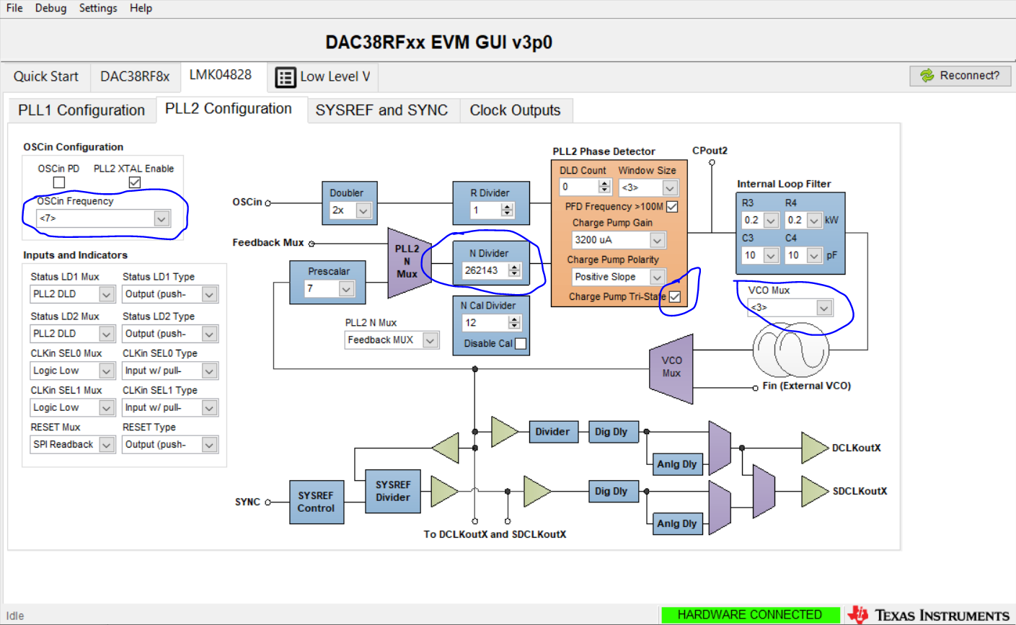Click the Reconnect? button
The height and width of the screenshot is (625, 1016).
coord(960,76)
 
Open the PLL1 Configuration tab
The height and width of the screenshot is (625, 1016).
coord(81,110)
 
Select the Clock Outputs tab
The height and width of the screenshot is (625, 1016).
coord(515,110)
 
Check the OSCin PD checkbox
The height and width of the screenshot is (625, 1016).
coord(59,182)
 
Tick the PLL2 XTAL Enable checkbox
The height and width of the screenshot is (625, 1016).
coord(134,182)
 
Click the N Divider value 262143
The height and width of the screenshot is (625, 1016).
coord(482,270)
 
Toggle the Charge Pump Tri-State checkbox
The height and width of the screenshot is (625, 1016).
coord(675,296)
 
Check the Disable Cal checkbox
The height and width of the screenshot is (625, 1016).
coord(521,344)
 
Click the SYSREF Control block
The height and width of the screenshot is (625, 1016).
coord(316,502)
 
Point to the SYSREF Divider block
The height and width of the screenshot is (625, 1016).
coord(393,492)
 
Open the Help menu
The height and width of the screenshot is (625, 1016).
coord(141,8)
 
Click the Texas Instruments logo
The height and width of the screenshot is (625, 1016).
coord(931,615)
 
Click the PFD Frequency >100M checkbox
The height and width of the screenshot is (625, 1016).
coord(672,207)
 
